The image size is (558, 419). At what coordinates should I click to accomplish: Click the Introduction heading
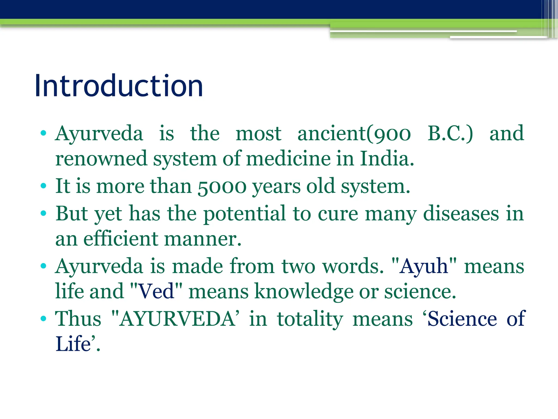[x=119, y=86]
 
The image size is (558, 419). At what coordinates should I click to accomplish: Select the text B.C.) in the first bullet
[x=450, y=134]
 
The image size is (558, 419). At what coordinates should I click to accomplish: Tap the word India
[x=387, y=159]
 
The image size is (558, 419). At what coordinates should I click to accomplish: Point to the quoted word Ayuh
[x=424, y=267]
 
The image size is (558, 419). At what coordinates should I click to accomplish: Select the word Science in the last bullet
[x=462, y=319]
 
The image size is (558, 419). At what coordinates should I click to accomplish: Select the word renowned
[x=101, y=159]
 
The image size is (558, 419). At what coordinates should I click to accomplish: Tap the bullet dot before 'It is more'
[x=44, y=186]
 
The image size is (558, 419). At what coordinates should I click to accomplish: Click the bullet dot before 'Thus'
[x=44, y=319]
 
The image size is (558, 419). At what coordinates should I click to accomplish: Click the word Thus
[x=78, y=319]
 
